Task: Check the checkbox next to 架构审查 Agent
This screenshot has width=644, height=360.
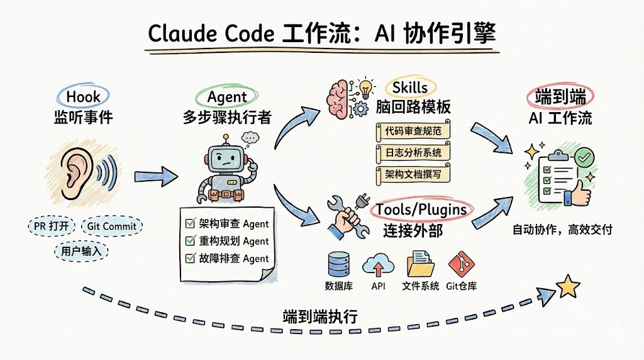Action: pos(191,223)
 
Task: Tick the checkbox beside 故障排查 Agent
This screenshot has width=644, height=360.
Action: pos(191,258)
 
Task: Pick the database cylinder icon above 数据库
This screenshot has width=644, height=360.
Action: pos(338,264)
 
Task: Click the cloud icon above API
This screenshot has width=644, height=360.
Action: pos(378,264)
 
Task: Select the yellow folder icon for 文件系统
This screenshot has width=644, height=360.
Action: pos(421,264)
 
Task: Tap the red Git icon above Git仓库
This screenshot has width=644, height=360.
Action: pos(460,264)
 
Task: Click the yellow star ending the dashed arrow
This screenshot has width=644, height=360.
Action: pos(569,286)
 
